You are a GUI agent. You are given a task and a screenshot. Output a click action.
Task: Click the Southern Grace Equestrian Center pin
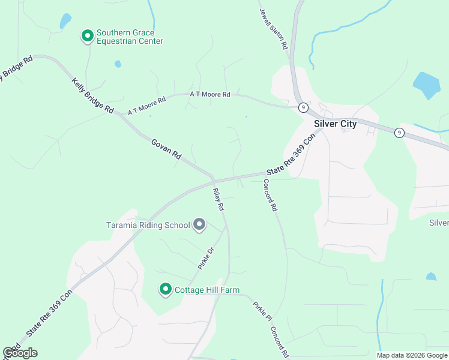pos(87,37)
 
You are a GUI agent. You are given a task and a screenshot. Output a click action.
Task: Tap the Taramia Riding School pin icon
pos(199,225)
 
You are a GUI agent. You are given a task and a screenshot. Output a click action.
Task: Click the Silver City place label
pos(335,124)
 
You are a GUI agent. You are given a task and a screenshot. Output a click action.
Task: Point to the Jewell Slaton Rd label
pos(274,29)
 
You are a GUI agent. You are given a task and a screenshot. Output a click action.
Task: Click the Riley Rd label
pos(218,199)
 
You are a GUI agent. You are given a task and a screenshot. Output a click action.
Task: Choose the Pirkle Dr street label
pos(206,257)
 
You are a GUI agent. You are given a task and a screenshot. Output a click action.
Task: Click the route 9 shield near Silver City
pos(304,107)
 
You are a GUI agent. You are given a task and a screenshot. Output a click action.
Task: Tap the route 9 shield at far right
pos(399,133)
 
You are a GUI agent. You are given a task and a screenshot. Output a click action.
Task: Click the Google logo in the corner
pos(20,353)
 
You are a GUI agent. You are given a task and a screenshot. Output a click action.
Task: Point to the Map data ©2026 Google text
pos(412,355)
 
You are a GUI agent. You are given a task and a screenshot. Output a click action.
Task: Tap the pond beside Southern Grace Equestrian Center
pos(64,22)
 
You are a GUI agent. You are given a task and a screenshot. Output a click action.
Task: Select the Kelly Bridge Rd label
pos(92,96)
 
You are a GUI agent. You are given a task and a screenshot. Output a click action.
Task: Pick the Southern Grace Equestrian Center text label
pos(130,37)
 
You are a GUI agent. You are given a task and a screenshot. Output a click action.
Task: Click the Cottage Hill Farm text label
pos(207,290)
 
